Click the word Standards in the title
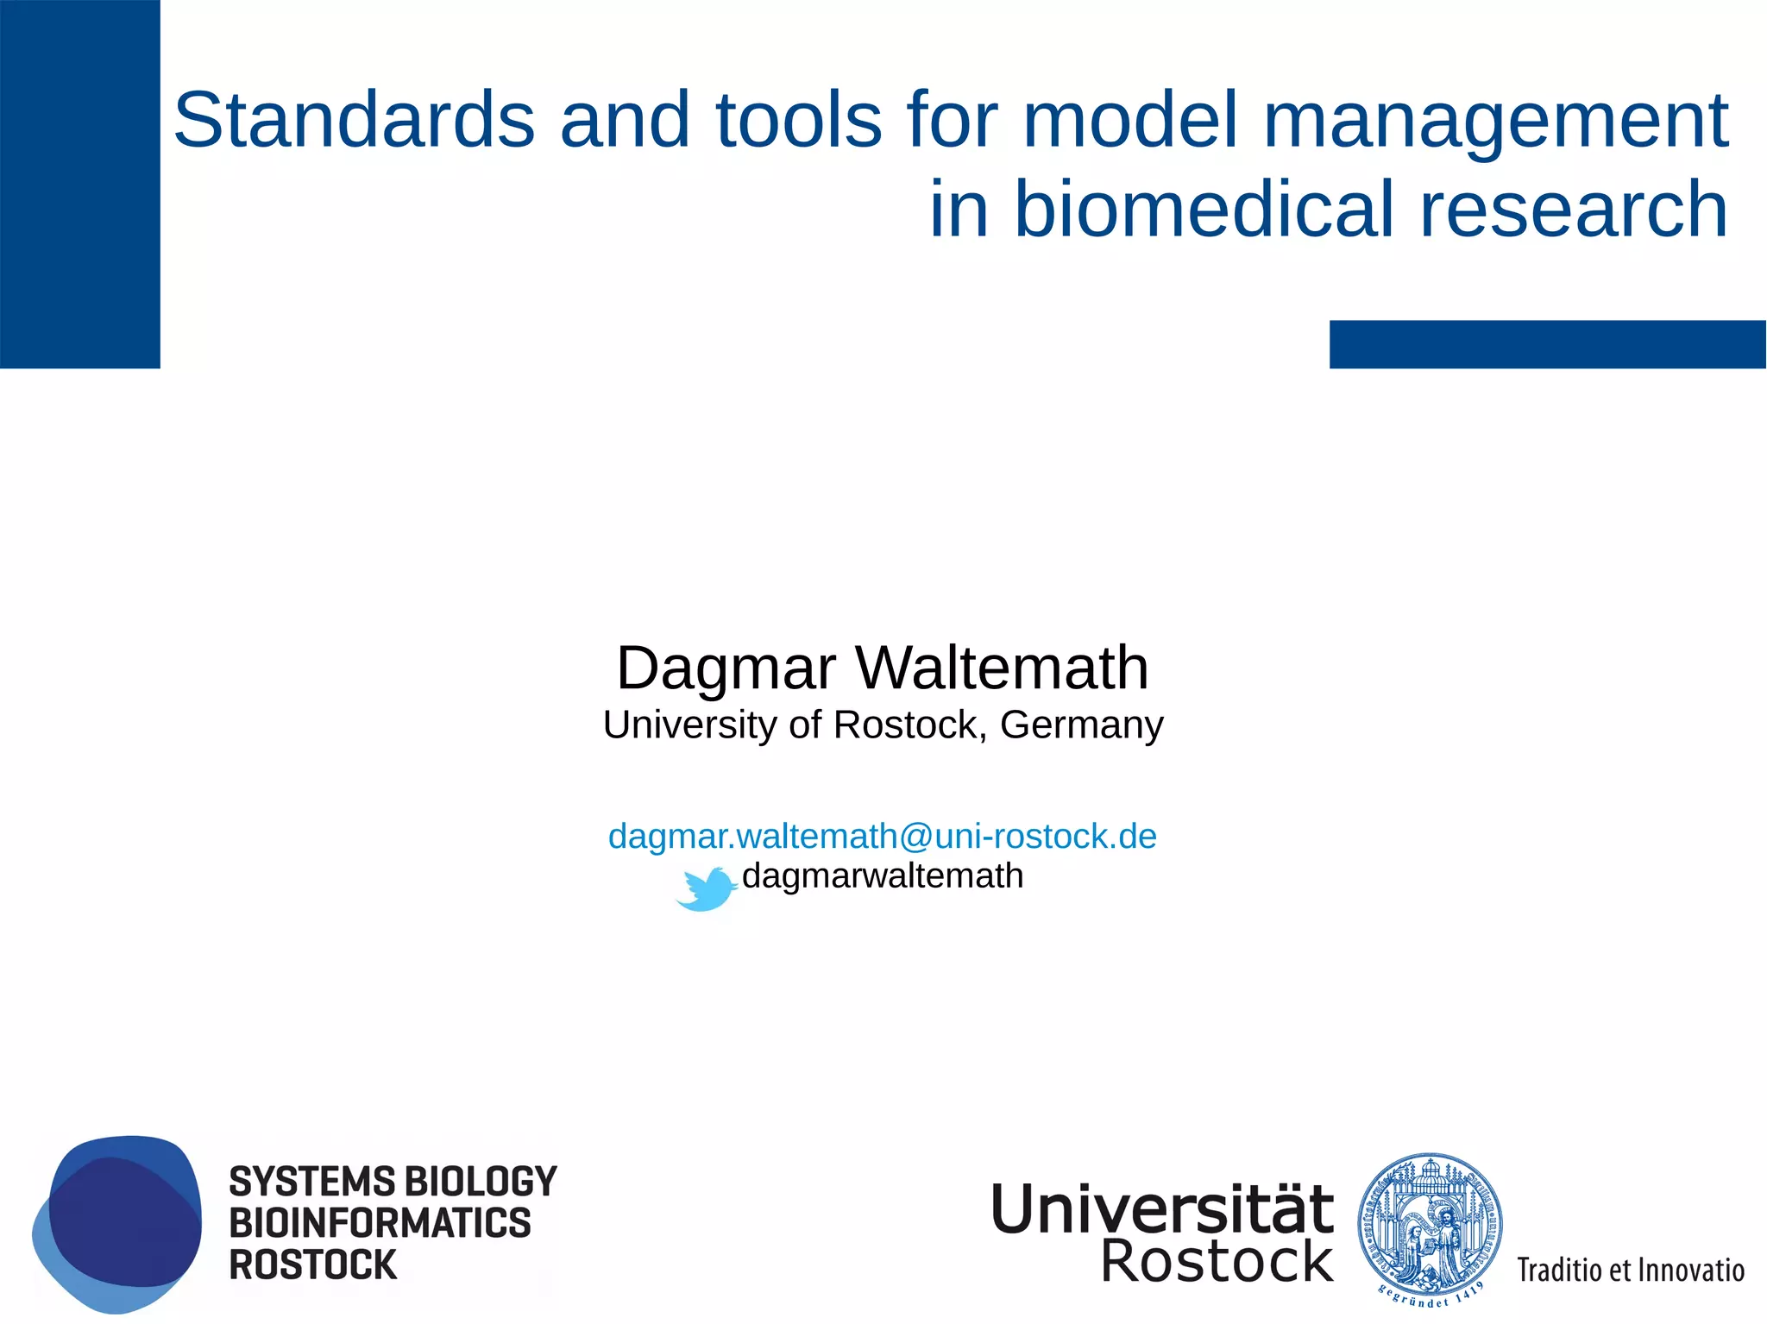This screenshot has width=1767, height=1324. click(354, 121)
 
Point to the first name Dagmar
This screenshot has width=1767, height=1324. click(726, 668)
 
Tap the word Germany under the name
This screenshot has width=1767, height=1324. click(1081, 725)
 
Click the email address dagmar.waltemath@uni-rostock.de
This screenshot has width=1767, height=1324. click(882, 837)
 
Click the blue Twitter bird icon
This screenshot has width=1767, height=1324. click(706, 889)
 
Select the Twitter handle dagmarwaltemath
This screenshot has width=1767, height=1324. click(882, 876)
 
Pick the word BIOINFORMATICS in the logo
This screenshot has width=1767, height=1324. click(380, 1224)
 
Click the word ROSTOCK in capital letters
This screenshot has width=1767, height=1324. click(312, 1265)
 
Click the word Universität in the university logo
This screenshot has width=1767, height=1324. click(1161, 1209)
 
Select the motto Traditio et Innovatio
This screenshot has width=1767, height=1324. click(1630, 1271)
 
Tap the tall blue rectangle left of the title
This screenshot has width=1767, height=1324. click(79, 184)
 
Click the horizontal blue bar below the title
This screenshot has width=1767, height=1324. click(1547, 344)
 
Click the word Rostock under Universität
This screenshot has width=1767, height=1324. click(1217, 1263)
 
